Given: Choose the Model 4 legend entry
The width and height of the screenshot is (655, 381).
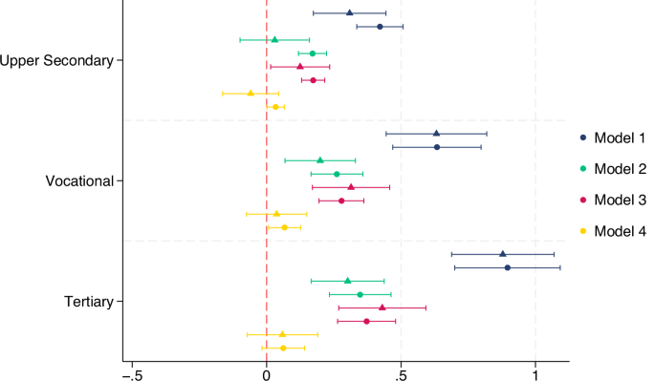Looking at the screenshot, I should tap(612, 230).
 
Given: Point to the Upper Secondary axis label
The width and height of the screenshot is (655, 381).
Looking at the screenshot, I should tap(56, 60).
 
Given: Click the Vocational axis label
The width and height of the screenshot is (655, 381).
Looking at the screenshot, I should tap(79, 181).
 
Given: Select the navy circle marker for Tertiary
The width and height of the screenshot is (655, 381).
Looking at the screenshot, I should tap(507, 267).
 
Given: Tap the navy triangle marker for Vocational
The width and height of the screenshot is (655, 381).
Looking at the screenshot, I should tap(436, 134).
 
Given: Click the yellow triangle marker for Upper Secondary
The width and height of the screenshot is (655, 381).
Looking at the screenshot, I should tap(251, 94).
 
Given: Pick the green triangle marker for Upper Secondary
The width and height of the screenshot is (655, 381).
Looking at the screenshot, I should tap(274, 40).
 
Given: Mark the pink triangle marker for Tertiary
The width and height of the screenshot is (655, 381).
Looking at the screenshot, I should tap(382, 307).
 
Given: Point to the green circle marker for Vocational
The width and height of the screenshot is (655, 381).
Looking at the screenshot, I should tap(337, 174).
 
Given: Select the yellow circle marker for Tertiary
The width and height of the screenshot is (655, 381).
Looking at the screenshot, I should tap(283, 348).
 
